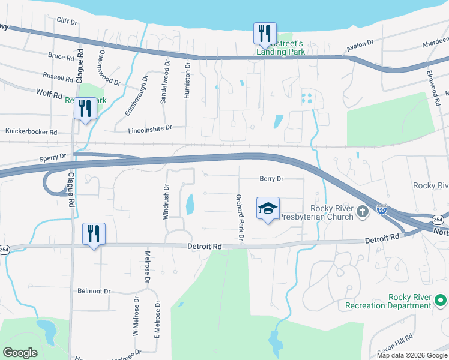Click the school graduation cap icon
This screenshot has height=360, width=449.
tap(268, 208)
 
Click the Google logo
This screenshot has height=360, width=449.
tap(20, 353)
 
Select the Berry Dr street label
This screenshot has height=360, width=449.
tap(271, 179)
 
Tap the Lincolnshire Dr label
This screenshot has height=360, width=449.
tap(150, 128)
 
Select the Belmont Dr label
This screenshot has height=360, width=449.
tap(94, 291)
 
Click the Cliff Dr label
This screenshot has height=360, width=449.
tap(67, 22)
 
